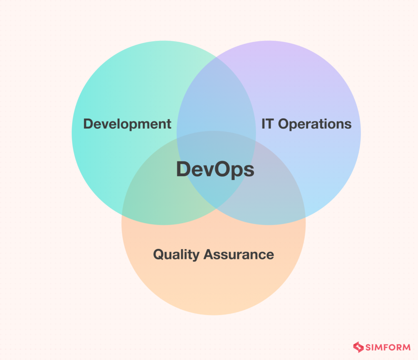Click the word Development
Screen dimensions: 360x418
pos(127,124)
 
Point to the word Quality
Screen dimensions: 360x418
pos(176,255)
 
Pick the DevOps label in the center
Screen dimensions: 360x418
pos(215,170)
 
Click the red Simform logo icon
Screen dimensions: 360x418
pos(358,347)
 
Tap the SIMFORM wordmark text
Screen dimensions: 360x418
pos(387,348)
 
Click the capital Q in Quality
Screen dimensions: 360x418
pos(159,255)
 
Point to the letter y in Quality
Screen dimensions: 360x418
pos(196,256)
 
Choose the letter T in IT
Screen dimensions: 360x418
pos(269,124)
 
